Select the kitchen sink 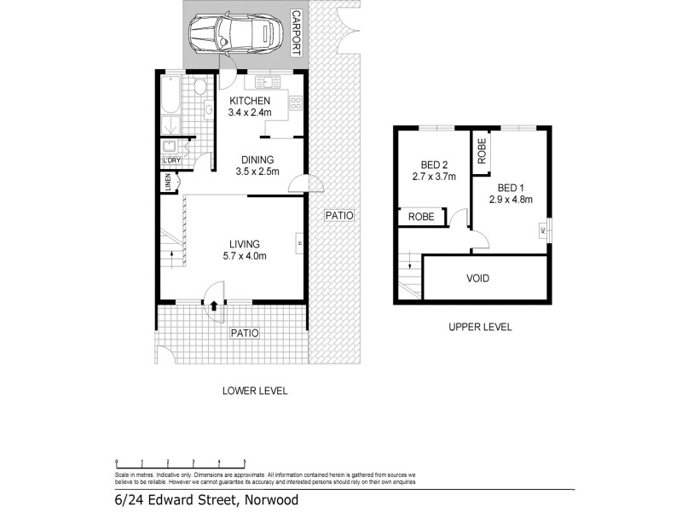tap(266, 83)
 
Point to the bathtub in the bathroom tap(167, 99)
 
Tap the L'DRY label tap(171, 160)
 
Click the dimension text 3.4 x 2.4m tap(250, 112)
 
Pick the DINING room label tap(257, 160)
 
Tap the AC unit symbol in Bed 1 tap(542, 229)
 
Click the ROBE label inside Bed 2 tap(421, 218)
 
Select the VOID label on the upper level tap(477, 278)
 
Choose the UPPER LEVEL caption tap(471, 328)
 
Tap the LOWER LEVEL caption tap(255, 391)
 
